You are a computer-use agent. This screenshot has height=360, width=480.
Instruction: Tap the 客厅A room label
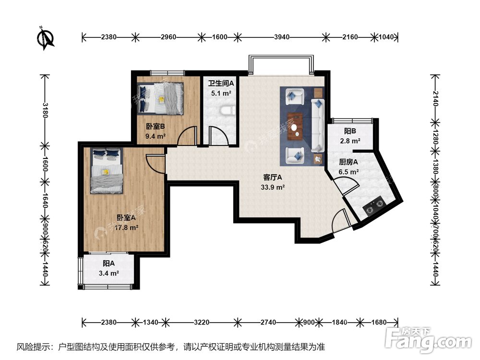[x=272, y=182]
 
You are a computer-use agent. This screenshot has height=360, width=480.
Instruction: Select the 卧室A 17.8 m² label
[x=128, y=222]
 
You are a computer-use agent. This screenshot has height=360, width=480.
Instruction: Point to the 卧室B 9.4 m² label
[x=156, y=131]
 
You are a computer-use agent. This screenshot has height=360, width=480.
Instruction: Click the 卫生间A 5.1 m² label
[x=220, y=88]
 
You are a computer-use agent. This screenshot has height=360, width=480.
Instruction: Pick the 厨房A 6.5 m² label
[x=348, y=167]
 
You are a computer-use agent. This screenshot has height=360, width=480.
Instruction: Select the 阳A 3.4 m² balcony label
[x=108, y=268]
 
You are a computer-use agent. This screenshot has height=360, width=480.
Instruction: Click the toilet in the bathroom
[x=225, y=111]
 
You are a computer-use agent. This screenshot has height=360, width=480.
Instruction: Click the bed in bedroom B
[x=160, y=98]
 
